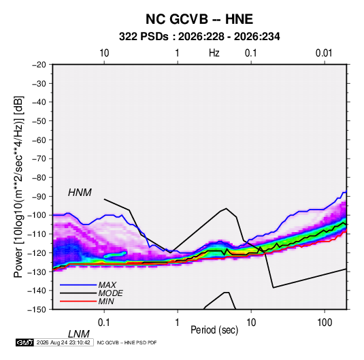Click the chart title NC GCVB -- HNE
click(x=199, y=19)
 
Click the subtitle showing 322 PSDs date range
click(x=199, y=37)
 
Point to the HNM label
click(x=80, y=193)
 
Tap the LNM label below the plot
click(x=79, y=334)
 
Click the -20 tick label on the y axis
click(x=39, y=65)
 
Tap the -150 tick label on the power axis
click(x=37, y=310)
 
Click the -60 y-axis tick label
click(x=39, y=140)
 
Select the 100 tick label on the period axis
click(x=325, y=323)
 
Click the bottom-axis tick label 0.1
click(x=103, y=323)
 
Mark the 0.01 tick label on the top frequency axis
click(x=324, y=53)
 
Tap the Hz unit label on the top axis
click(x=214, y=53)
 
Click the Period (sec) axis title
click(x=214, y=330)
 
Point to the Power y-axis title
click(x=18, y=187)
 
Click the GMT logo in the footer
click(x=24, y=342)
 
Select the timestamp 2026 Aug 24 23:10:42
click(x=63, y=342)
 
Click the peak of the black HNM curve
click(x=226, y=208)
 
